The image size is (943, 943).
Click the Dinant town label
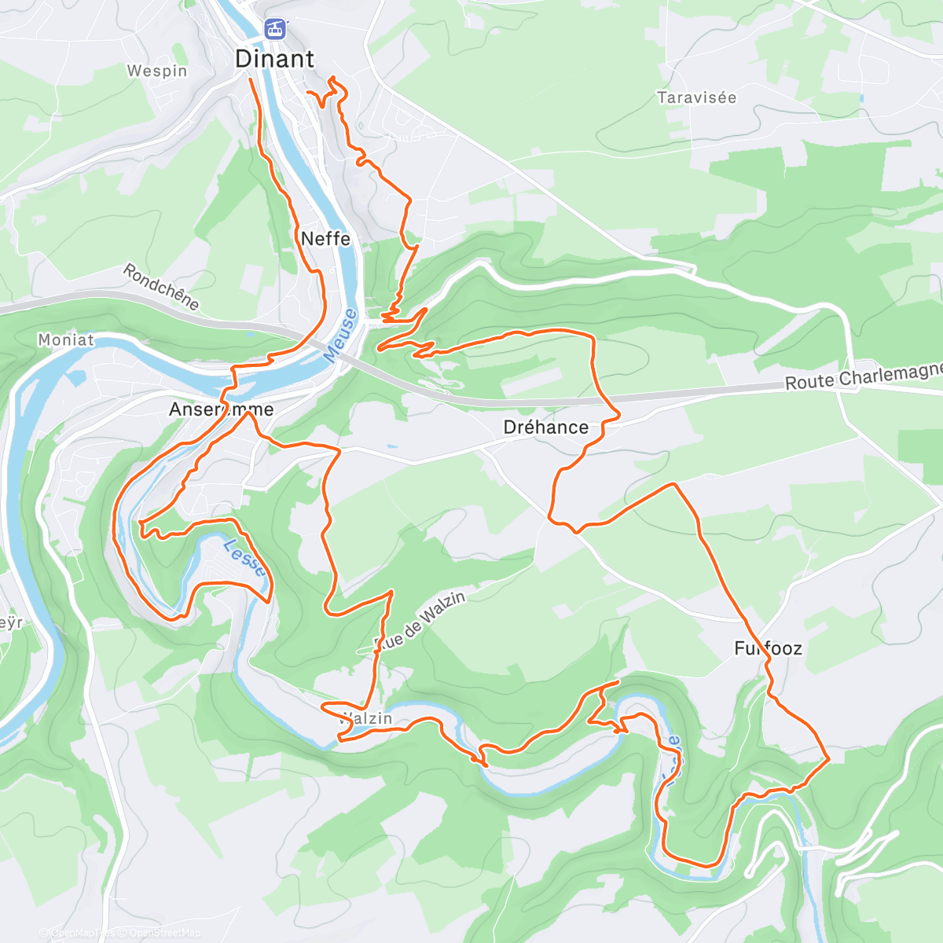pyautogui.click(x=274, y=59)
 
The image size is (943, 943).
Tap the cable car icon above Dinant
pyautogui.click(x=273, y=29)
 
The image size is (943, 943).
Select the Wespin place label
pyautogui.click(x=157, y=71)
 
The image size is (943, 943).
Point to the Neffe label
pyautogui.click(x=325, y=238)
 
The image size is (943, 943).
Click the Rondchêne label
pyautogui.click(x=161, y=287)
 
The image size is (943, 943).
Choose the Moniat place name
pyautogui.click(x=66, y=340)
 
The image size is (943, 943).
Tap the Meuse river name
pyautogui.click(x=340, y=336)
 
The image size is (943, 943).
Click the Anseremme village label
pyautogui.click(x=221, y=409)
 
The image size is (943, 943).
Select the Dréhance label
pyautogui.click(x=545, y=427)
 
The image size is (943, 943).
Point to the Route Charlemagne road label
pyautogui.click(x=863, y=376)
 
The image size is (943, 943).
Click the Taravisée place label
pyautogui.click(x=696, y=98)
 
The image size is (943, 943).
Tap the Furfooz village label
pyautogui.click(x=768, y=648)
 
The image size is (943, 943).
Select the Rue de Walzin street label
pyautogui.click(x=420, y=622)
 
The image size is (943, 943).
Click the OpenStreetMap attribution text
pyautogui.click(x=165, y=934)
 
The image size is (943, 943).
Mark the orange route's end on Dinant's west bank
pyautogui.click(x=251, y=80)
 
